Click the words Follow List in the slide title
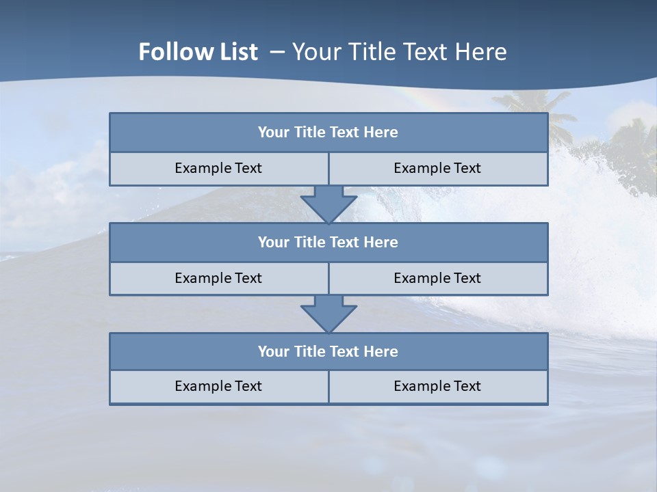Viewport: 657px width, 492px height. click(x=198, y=52)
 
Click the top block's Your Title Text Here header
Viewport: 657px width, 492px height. click(x=328, y=133)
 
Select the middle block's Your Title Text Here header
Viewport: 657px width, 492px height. click(x=328, y=242)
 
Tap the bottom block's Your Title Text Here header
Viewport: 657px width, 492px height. click(x=328, y=351)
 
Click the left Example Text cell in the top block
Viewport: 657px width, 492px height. click(x=218, y=168)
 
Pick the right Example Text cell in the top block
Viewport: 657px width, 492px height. click(x=437, y=168)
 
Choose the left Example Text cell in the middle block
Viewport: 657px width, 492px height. click(x=218, y=278)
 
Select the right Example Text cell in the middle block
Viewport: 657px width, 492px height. click(x=437, y=278)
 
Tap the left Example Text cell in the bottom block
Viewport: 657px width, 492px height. click(x=218, y=386)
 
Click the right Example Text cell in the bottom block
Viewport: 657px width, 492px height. click(x=437, y=386)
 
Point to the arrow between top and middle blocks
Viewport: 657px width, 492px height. click(x=328, y=204)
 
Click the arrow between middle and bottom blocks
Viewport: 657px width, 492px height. click(x=328, y=314)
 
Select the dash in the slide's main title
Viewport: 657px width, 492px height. click(x=278, y=52)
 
